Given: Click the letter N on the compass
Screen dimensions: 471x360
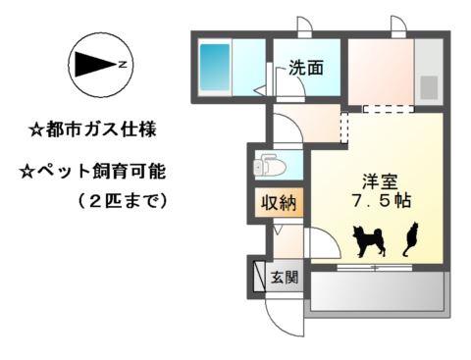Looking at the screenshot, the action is coord(123,65).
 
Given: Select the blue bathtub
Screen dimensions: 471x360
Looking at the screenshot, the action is coord(215,67).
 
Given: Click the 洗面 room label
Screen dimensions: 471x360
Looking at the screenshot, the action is coord(306,68).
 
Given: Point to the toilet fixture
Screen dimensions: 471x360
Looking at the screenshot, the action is coord(269,166).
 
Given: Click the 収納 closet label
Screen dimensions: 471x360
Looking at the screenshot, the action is coord(279,203).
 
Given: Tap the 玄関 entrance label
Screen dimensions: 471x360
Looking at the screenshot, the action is coord(285,278).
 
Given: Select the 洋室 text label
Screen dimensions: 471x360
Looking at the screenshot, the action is coord(380,181).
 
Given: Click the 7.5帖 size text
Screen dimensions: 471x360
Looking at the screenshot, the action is coord(382,200).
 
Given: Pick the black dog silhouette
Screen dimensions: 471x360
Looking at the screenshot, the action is coord(369,241).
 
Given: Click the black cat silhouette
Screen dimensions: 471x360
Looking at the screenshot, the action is coord(411,238).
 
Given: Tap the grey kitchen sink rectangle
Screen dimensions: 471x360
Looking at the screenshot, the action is coord(429,87).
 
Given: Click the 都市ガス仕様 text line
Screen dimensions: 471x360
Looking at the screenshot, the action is coord(93,129).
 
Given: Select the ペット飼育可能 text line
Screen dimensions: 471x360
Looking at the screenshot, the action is coord(93,172).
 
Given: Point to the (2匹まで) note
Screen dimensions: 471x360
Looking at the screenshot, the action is coord(123,200).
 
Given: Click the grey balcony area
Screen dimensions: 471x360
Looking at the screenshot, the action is coord(378,291).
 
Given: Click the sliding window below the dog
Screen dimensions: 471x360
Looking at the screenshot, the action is coord(375,268).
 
